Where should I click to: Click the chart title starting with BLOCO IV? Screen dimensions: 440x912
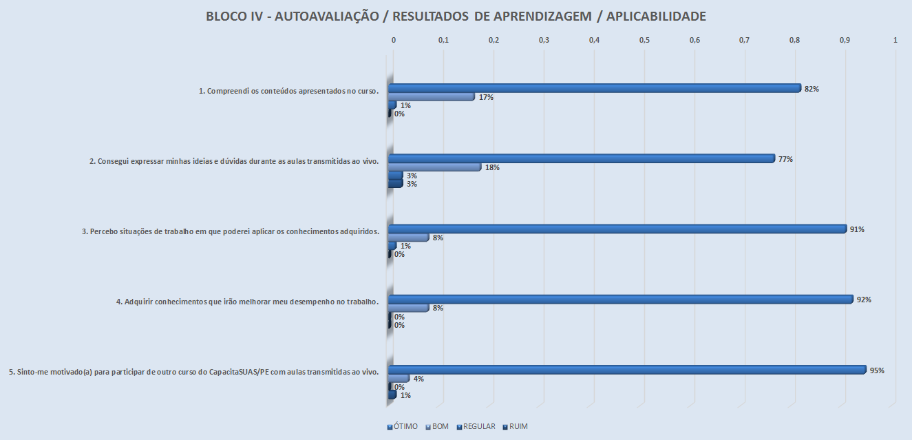[x=456, y=17]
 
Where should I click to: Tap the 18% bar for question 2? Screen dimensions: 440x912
[x=434, y=167]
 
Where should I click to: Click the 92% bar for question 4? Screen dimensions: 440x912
[x=620, y=300]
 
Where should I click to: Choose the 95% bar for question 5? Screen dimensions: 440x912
[x=627, y=370]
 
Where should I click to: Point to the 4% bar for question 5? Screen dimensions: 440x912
[x=399, y=379]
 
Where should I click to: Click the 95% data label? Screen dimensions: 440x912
[x=877, y=370]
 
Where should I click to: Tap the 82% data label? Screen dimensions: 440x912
[x=812, y=89]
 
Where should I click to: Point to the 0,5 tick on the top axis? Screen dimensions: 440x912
[x=644, y=41]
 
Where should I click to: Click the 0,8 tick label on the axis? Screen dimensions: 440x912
[x=795, y=41]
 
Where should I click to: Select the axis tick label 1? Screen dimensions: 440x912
[x=895, y=41]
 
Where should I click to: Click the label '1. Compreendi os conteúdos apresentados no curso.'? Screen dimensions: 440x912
[x=289, y=91]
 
